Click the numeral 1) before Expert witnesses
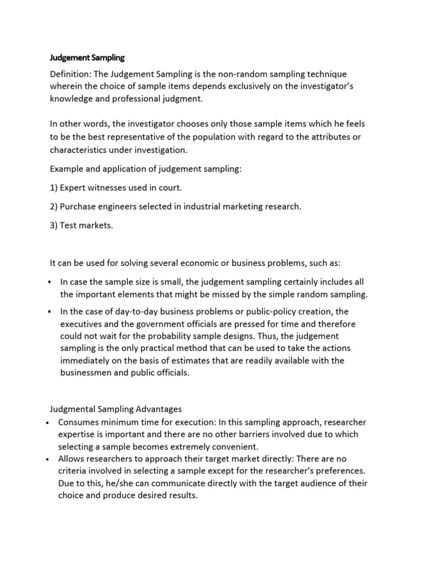(55, 188)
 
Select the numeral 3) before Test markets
(55, 225)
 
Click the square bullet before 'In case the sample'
(50, 282)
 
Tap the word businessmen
(91, 373)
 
